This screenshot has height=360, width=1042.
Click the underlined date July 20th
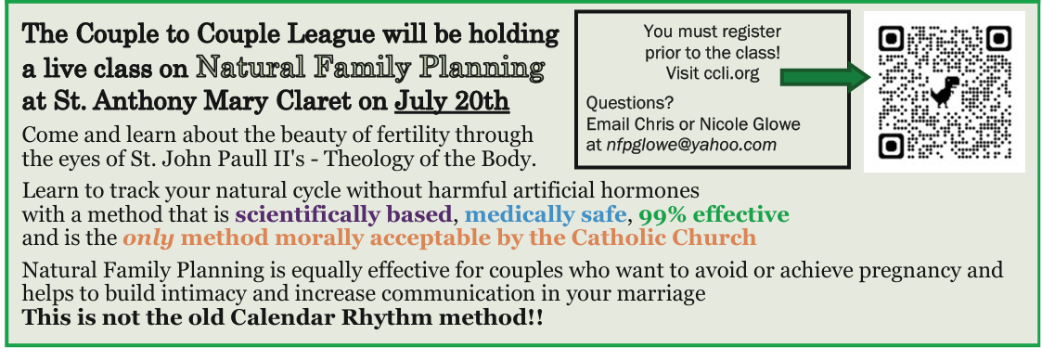click(x=452, y=101)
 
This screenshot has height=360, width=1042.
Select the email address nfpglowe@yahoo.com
click(x=691, y=144)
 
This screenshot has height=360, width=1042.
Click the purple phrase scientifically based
click(x=343, y=214)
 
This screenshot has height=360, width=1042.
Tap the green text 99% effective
click(x=714, y=214)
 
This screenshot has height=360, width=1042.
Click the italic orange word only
click(x=148, y=238)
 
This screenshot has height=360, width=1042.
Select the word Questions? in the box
click(x=629, y=104)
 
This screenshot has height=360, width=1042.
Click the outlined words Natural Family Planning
click(x=370, y=68)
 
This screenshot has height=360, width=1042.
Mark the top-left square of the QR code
click(x=892, y=39)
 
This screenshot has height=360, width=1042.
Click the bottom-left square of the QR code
click(x=892, y=146)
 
